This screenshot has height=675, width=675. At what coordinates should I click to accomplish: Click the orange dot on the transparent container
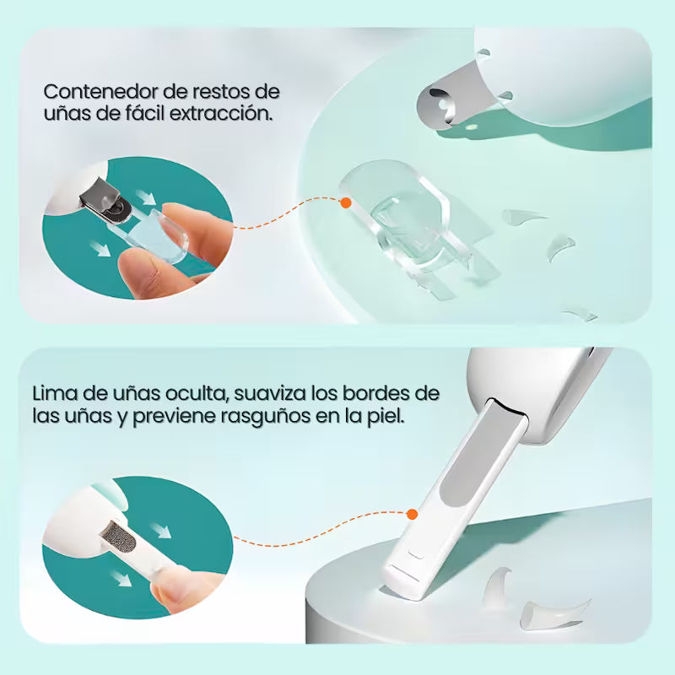coord(346,202)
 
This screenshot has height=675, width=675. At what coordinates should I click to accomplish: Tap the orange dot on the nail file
coord(412,514)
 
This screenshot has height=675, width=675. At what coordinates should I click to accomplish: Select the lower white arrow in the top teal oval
coord(101,248)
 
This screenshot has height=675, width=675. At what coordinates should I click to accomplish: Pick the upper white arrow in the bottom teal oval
coord(161,531)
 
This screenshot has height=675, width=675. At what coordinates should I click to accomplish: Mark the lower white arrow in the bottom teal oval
coord(121,578)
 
